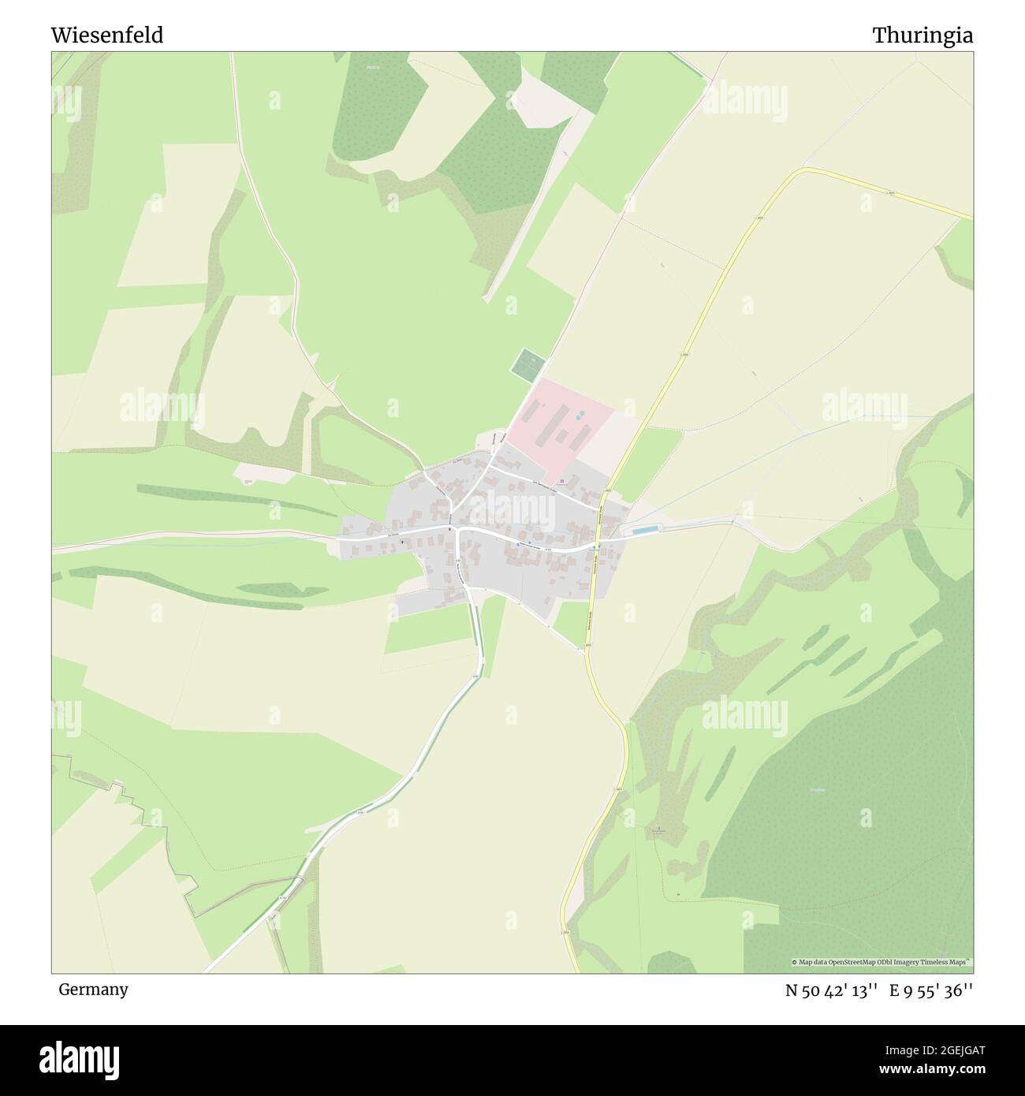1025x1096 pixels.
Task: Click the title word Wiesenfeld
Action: [107, 35]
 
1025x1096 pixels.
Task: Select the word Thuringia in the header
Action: [922, 35]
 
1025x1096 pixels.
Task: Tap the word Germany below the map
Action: [93, 990]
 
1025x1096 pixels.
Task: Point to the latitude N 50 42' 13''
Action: [831, 991]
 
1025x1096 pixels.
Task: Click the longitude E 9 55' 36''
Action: [931, 991]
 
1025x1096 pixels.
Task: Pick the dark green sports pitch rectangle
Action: [528, 365]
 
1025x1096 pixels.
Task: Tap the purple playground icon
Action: [561, 481]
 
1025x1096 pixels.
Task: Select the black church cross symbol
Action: [402, 542]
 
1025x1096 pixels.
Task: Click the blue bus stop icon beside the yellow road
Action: [596, 545]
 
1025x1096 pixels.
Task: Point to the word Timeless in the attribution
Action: [935, 962]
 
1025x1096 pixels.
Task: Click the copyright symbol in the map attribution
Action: [796, 962]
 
